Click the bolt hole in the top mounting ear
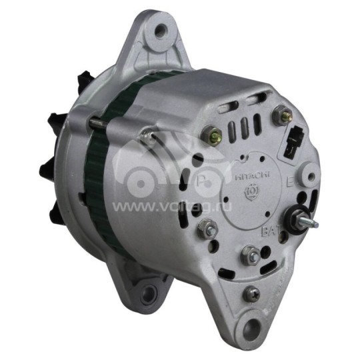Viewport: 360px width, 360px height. (x=160, y=30)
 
